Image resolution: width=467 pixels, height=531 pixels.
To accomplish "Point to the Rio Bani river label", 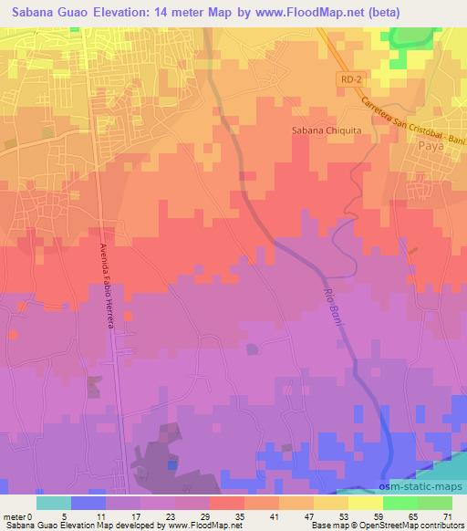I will (334, 310).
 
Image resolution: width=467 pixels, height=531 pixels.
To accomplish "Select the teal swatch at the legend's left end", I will (53, 503).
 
